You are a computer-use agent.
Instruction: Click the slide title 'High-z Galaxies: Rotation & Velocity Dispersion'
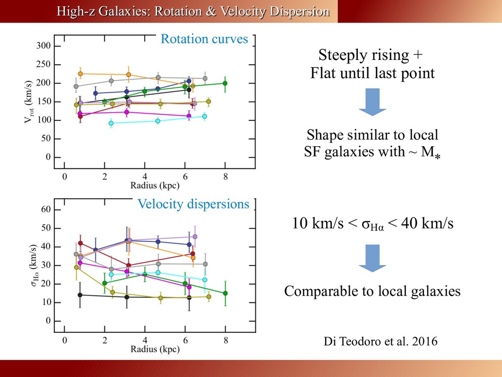193,11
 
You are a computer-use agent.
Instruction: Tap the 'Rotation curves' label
204,39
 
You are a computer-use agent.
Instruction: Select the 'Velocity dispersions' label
193,204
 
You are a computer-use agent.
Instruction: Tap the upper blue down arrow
373,103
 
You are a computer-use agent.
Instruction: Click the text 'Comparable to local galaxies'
373,292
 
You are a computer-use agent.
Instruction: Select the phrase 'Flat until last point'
373,74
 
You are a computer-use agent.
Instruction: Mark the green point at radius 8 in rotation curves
225,83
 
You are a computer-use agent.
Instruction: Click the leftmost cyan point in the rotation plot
111,123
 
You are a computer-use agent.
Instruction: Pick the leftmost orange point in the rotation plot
80,74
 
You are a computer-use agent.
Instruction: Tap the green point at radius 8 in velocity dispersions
225,294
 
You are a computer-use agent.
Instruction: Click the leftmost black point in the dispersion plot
80,295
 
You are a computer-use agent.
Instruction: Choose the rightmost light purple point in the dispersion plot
195,237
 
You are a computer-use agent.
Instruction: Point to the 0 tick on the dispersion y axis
48,321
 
